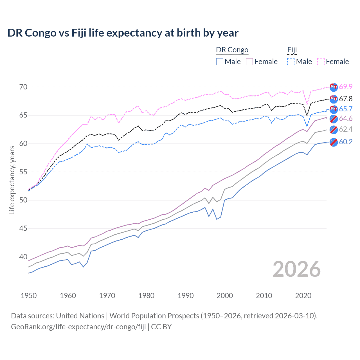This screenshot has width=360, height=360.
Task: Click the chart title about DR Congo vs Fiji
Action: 123,33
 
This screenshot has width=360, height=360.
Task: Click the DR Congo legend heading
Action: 232,50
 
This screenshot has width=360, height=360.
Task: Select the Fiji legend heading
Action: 292,50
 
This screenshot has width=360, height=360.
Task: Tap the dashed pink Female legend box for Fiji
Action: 321,62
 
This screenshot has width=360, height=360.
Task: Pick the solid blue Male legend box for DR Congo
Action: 220,62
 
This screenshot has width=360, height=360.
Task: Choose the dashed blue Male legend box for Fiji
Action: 291,62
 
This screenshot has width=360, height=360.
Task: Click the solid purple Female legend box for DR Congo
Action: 249,62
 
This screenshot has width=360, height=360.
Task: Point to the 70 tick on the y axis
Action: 23,87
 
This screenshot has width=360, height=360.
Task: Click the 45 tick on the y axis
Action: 23,228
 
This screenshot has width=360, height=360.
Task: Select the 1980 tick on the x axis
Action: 146,296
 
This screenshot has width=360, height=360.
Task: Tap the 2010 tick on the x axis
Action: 264,296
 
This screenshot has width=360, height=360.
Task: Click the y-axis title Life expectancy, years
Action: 12,180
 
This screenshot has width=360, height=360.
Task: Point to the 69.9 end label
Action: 346,87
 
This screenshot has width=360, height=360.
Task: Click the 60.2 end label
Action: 346,142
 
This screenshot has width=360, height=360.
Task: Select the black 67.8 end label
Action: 346,99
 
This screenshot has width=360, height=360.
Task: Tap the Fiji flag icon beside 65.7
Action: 334,109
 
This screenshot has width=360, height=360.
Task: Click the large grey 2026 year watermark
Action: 297,269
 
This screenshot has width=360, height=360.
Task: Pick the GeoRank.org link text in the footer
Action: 78,327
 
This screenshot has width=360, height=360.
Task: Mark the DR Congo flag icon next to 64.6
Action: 334,119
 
